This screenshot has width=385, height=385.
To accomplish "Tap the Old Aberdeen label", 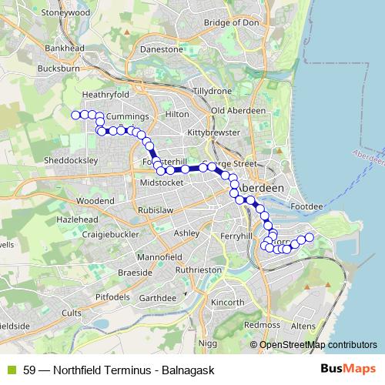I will click(238, 111).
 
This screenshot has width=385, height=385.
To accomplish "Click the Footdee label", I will click(307, 206).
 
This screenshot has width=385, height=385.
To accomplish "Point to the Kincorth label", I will click(226, 302).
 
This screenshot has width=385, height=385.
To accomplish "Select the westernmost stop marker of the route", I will click(75, 115).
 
